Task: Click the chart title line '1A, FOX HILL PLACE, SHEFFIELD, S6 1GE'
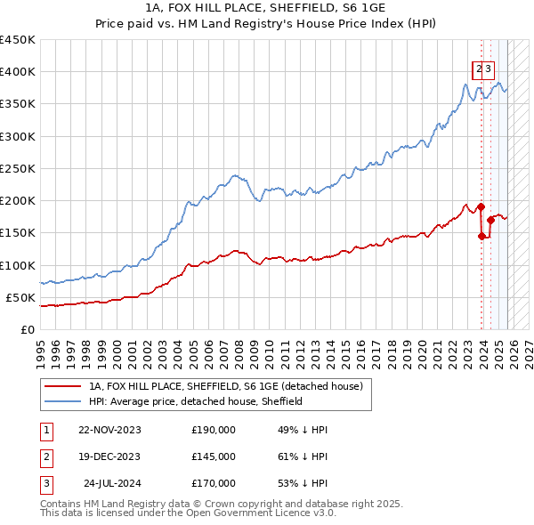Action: tap(267, 8)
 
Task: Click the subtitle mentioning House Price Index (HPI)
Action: tap(267, 24)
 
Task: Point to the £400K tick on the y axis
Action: tap(18, 72)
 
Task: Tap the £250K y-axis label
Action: tap(18, 168)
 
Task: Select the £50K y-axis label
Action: tap(20, 297)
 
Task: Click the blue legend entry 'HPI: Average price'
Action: tap(196, 401)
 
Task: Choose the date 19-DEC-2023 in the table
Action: tap(109, 456)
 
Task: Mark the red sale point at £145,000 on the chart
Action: tap(482, 237)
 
